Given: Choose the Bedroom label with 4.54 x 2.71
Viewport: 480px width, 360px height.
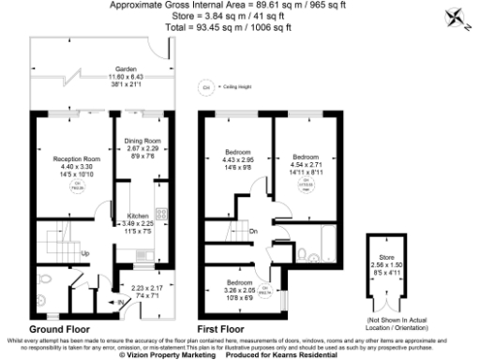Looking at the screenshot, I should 306,157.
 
